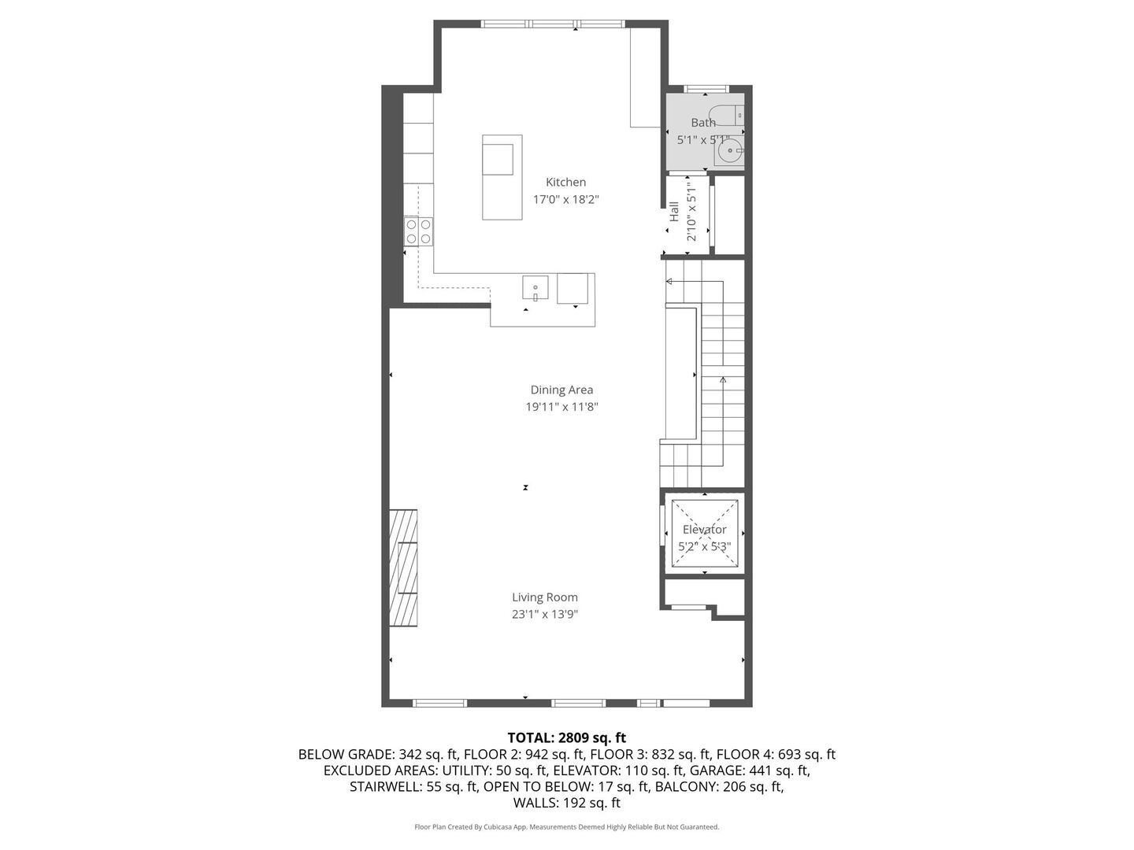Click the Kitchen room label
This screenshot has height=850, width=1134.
[x=565, y=182]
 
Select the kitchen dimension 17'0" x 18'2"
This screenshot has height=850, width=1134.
[x=565, y=200]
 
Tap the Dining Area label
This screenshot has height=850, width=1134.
[x=561, y=390]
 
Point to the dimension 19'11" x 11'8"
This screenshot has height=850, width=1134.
[x=561, y=407]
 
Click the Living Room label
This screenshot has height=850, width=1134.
[x=545, y=597]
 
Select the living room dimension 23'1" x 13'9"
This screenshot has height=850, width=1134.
[x=545, y=615]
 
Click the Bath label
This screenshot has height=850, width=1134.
[x=703, y=123]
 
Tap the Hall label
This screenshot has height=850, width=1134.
[x=674, y=211]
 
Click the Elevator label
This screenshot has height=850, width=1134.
[x=704, y=530]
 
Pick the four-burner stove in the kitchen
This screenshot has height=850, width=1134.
[x=418, y=231]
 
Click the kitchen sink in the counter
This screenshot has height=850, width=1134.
[x=535, y=288]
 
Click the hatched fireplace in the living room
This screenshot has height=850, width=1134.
[x=402, y=567]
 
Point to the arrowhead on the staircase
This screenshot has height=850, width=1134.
[x=723, y=379]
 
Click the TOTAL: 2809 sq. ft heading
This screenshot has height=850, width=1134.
[x=566, y=737]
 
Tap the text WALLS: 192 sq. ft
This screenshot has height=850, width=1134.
[x=566, y=803]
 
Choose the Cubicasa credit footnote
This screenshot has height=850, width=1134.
[x=566, y=827]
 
